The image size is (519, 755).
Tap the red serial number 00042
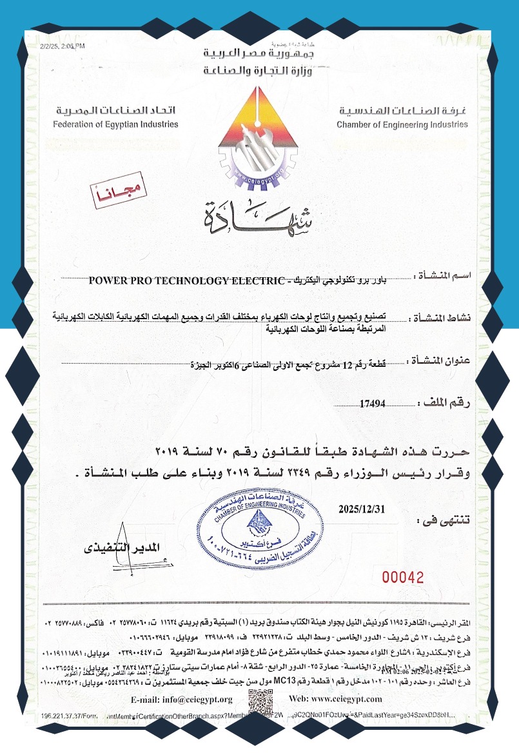pyautogui.click(x=404, y=576)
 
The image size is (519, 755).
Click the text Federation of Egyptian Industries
pyautogui.click(x=116, y=124)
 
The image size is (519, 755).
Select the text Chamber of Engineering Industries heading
pyautogui.click(x=402, y=124)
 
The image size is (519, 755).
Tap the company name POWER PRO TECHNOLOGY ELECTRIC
pyautogui.click(x=186, y=280)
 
